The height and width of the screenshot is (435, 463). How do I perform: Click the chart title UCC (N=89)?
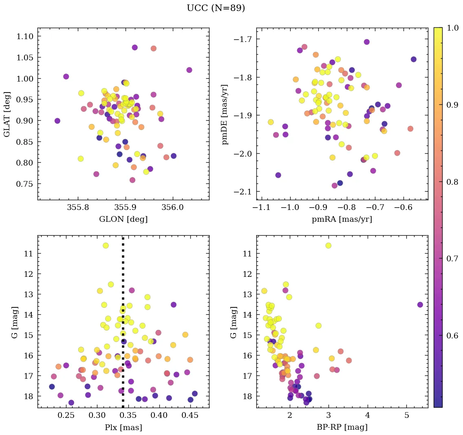pos(216,8)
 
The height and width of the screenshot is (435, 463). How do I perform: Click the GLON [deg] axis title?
pos(123,219)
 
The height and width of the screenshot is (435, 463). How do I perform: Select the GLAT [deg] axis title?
pos(7,114)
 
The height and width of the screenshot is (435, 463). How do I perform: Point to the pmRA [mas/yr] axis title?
pos(342,219)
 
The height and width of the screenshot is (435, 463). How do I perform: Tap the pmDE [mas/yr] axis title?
pos(225,114)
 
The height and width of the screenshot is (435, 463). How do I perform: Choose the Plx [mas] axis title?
pos(123,427)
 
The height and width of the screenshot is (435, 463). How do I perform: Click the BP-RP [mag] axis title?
pos(342,427)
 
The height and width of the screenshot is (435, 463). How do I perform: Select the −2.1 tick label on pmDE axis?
pos(242,192)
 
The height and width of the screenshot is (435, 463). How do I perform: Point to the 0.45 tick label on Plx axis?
pos(190,417)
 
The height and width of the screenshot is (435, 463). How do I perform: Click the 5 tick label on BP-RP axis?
pos(407,417)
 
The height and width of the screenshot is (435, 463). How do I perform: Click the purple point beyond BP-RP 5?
pos(420,305)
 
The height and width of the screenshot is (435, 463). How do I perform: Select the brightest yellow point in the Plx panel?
pos(106,245)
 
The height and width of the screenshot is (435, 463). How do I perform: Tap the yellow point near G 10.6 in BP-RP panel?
pos(329,245)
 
